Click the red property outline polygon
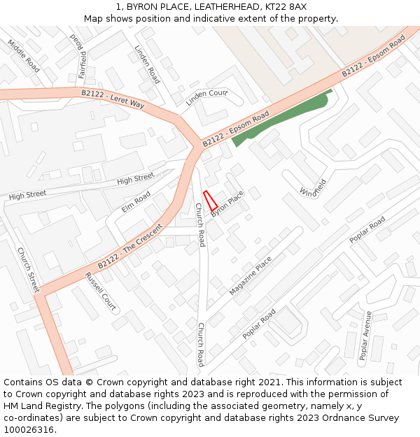pos(209,201)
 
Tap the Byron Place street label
pos(227,203)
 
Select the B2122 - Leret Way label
pos(113,99)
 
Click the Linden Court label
pos(206,98)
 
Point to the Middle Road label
pos(24,55)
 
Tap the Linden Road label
pos(147,64)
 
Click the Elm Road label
pos(136,201)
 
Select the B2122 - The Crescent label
pos(130,245)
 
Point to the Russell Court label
pos(100,292)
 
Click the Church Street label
pos(29,271)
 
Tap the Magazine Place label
pos(250,275)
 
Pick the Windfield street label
pos(313,187)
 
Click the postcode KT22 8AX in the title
pos(288,6)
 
